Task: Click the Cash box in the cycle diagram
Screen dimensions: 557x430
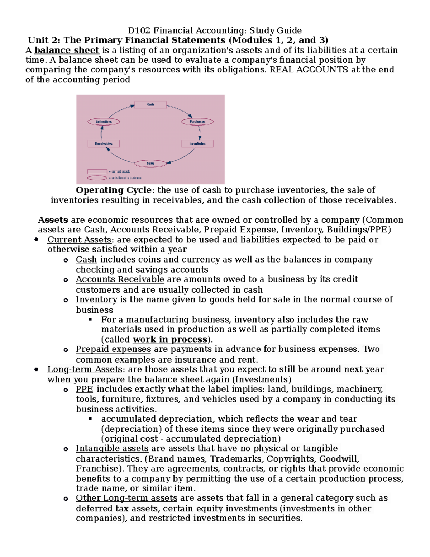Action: (150, 105)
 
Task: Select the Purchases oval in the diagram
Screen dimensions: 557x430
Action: (197, 122)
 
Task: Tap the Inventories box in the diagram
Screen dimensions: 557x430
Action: (197, 144)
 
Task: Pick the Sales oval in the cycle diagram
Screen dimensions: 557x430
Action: (150, 164)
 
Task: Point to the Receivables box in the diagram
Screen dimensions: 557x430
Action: (104, 144)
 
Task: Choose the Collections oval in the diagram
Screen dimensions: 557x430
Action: (104, 122)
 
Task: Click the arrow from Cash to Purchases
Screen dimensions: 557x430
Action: (180, 110)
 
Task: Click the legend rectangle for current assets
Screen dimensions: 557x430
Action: (97, 171)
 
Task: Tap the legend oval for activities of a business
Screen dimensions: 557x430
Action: (97, 178)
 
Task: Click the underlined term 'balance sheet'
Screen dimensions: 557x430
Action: (67, 51)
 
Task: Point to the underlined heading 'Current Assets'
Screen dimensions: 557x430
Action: (79, 240)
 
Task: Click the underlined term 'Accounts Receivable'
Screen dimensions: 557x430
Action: (120, 279)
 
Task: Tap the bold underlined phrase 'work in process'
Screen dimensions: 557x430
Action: (170, 340)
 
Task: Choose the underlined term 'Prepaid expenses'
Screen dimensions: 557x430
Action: (113, 349)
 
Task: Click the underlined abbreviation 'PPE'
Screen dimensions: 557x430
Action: (84, 390)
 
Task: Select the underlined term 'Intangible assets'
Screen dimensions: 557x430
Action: (112, 449)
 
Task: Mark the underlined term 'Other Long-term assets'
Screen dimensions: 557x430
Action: (126, 498)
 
